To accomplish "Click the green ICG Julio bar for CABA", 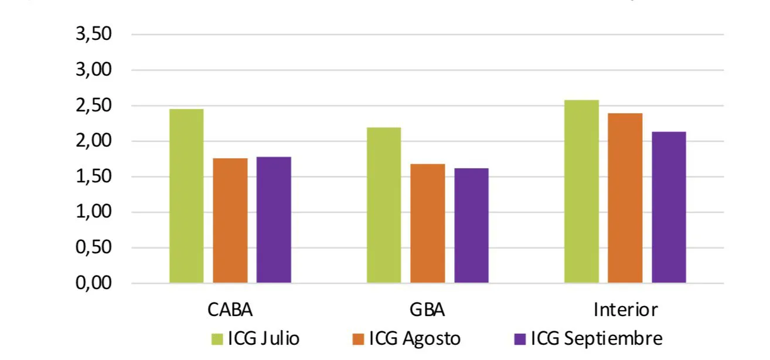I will pyautogui.click(x=186, y=196).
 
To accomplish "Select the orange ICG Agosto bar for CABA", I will pyautogui.click(x=230, y=220).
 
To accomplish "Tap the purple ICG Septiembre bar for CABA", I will pyautogui.click(x=274, y=220).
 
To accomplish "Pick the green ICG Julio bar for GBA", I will pyautogui.click(x=384, y=205).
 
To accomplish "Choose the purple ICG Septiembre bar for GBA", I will pyautogui.click(x=471, y=226).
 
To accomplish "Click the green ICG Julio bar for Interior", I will pyautogui.click(x=581, y=192).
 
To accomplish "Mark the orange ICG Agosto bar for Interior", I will pyautogui.click(x=625, y=198).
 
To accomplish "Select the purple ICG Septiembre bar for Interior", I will pyautogui.click(x=669, y=208).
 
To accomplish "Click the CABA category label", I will pyautogui.click(x=230, y=309).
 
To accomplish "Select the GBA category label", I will pyautogui.click(x=427, y=309).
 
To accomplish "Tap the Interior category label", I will pyautogui.click(x=625, y=309).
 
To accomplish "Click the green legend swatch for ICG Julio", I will pyautogui.click(x=217, y=339).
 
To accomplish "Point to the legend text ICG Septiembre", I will pyautogui.click(x=597, y=339).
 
